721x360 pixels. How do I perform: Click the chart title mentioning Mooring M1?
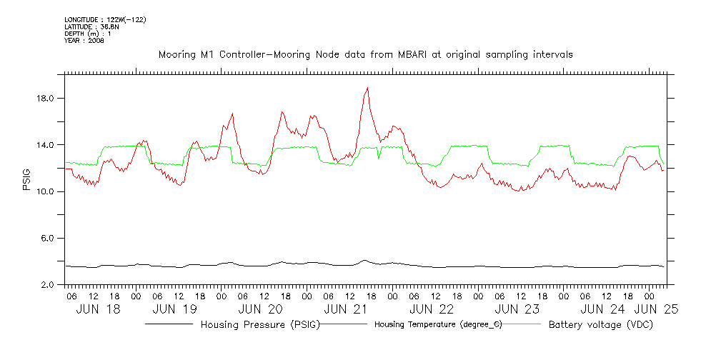coord(365,54)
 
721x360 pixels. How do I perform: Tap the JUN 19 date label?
coord(175,309)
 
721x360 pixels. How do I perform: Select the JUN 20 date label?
coord(260,309)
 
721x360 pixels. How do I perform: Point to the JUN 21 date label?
coord(346,309)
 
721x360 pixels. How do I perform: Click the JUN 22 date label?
coord(432,309)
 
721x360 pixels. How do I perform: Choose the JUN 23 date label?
coord(517,309)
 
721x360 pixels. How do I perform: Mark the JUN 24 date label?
coord(602,309)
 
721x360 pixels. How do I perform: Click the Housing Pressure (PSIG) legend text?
coord(259,325)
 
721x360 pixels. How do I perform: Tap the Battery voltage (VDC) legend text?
coord(601,325)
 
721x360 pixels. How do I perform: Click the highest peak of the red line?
coord(367,88)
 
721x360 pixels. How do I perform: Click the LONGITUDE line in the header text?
coord(105,19)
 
